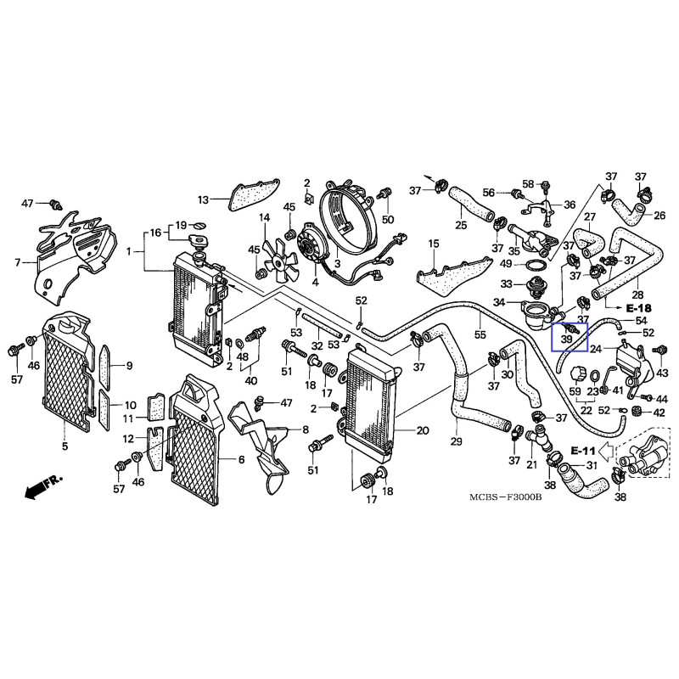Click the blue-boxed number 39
tap(565, 339)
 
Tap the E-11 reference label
tap(584, 449)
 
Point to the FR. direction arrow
tap(44, 487)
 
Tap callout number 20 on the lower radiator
tap(422, 430)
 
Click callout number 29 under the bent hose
tap(456, 442)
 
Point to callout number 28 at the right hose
tap(637, 269)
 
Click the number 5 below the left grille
tap(65, 445)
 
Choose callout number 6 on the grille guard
tap(240, 459)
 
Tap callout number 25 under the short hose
tap(461, 226)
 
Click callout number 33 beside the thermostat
tap(505, 283)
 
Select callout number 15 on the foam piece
tap(433, 244)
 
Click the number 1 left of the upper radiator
tap(128, 251)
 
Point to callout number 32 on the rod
tap(316, 345)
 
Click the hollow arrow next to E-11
tap(607, 450)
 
